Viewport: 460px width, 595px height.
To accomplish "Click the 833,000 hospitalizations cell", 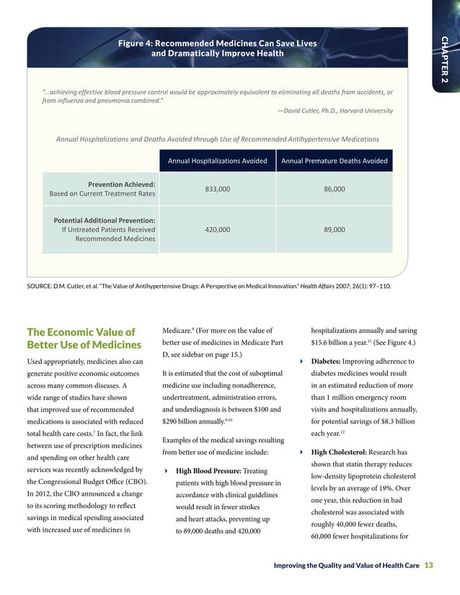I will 218,189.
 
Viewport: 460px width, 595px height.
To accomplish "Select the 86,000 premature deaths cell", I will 335,189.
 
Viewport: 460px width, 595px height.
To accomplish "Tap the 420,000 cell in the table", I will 218,229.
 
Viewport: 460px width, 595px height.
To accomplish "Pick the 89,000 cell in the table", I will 335,229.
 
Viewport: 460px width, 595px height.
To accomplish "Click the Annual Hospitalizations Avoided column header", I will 218,161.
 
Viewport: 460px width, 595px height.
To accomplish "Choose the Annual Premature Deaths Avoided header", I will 335,161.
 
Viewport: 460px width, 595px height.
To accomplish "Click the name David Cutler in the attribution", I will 304,110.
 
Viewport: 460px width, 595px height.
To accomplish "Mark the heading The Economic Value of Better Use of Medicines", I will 81,339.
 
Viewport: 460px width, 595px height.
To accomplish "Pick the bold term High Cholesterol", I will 342,452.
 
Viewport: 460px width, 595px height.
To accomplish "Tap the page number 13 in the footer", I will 429,565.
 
